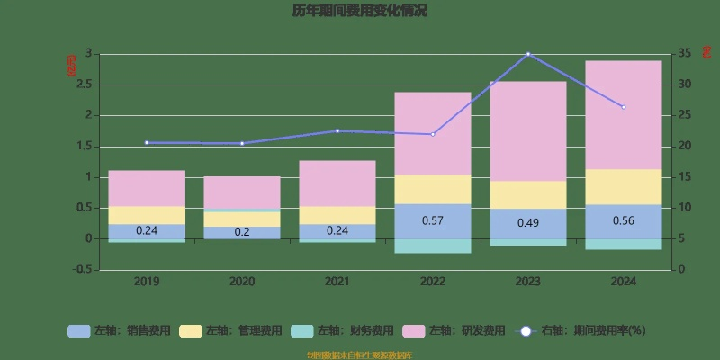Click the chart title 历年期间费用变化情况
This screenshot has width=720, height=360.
tap(359, 12)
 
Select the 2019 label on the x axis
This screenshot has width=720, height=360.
tap(147, 282)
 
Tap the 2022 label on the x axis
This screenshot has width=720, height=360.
tap(433, 282)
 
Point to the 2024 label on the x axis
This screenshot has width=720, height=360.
tap(623, 282)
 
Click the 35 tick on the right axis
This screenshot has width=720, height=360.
tap(684, 54)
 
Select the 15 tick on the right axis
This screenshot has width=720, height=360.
tap(684, 177)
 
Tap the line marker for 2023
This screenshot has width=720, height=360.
tap(528, 54)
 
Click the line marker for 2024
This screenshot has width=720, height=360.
tap(624, 107)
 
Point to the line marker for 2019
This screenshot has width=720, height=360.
tap(147, 142)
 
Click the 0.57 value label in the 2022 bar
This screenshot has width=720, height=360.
tap(433, 221)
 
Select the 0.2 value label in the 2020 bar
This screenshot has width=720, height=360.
tap(242, 232)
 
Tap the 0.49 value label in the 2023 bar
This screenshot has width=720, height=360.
tap(528, 223)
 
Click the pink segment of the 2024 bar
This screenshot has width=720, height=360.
tap(624, 115)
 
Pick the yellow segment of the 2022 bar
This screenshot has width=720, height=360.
tap(433, 189)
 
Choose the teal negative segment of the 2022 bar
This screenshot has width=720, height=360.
tap(433, 246)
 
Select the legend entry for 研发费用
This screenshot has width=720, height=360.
tap(454, 330)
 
